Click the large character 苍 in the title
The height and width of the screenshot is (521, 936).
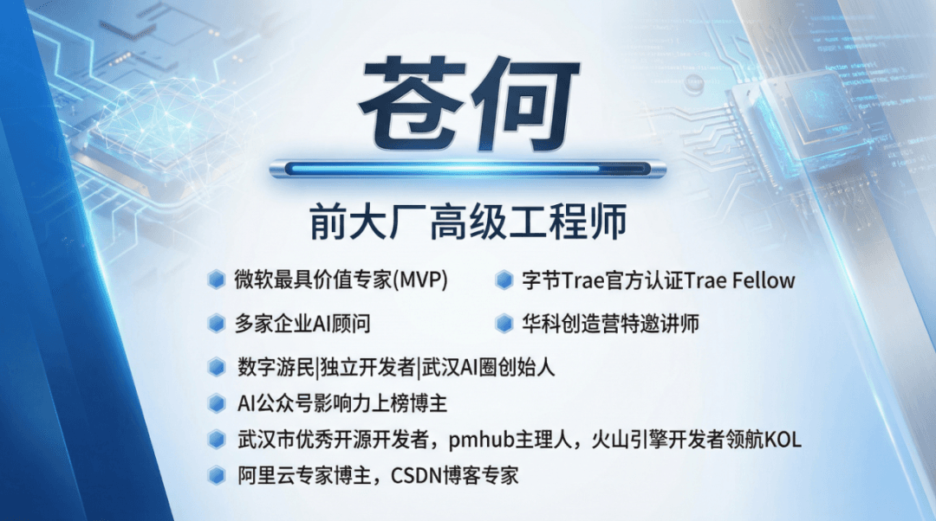click(x=413, y=102)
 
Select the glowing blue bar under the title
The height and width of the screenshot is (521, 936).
click(x=467, y=170)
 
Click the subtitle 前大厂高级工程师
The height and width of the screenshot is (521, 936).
click(x=468, y=222)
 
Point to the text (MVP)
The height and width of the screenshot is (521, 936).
click(x=421, y=280)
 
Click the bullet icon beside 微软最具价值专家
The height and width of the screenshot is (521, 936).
click(x=216, y=280)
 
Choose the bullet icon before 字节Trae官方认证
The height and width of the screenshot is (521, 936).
click(x=504, y=280)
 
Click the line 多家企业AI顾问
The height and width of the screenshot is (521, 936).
click(x=302, y=324)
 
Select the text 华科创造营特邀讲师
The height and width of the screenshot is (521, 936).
click(x=610, y=324)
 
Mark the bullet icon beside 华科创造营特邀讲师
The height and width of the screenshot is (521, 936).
click(x=504, y=324)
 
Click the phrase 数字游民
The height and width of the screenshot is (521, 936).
click(x=276, y=367)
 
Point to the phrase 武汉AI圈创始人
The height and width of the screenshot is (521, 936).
click(x=488, y=367)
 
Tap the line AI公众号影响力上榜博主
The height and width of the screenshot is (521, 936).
click(x=342, y=403)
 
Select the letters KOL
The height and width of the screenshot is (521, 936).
click(x=783, y=440)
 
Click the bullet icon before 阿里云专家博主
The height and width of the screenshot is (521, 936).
click(x=216, y=476)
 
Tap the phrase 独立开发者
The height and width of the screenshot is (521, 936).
click(x=367, y=367)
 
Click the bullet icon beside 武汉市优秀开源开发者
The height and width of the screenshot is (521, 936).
click(x=216, y=440)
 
